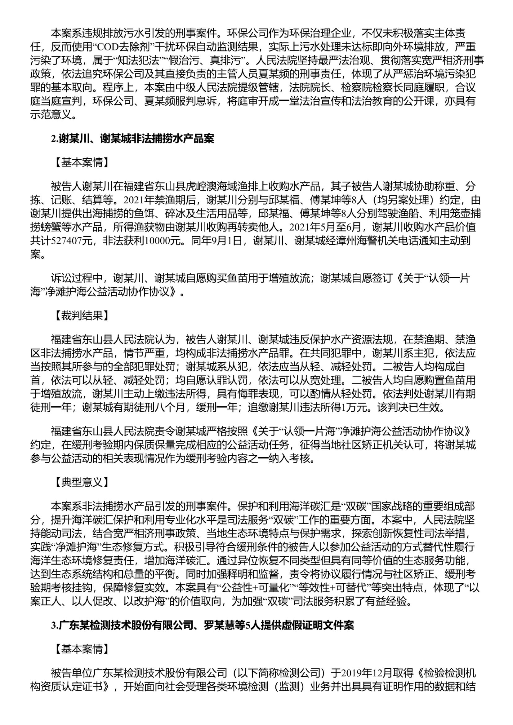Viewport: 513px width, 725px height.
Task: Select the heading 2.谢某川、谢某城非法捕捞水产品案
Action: (x=133, y=139)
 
